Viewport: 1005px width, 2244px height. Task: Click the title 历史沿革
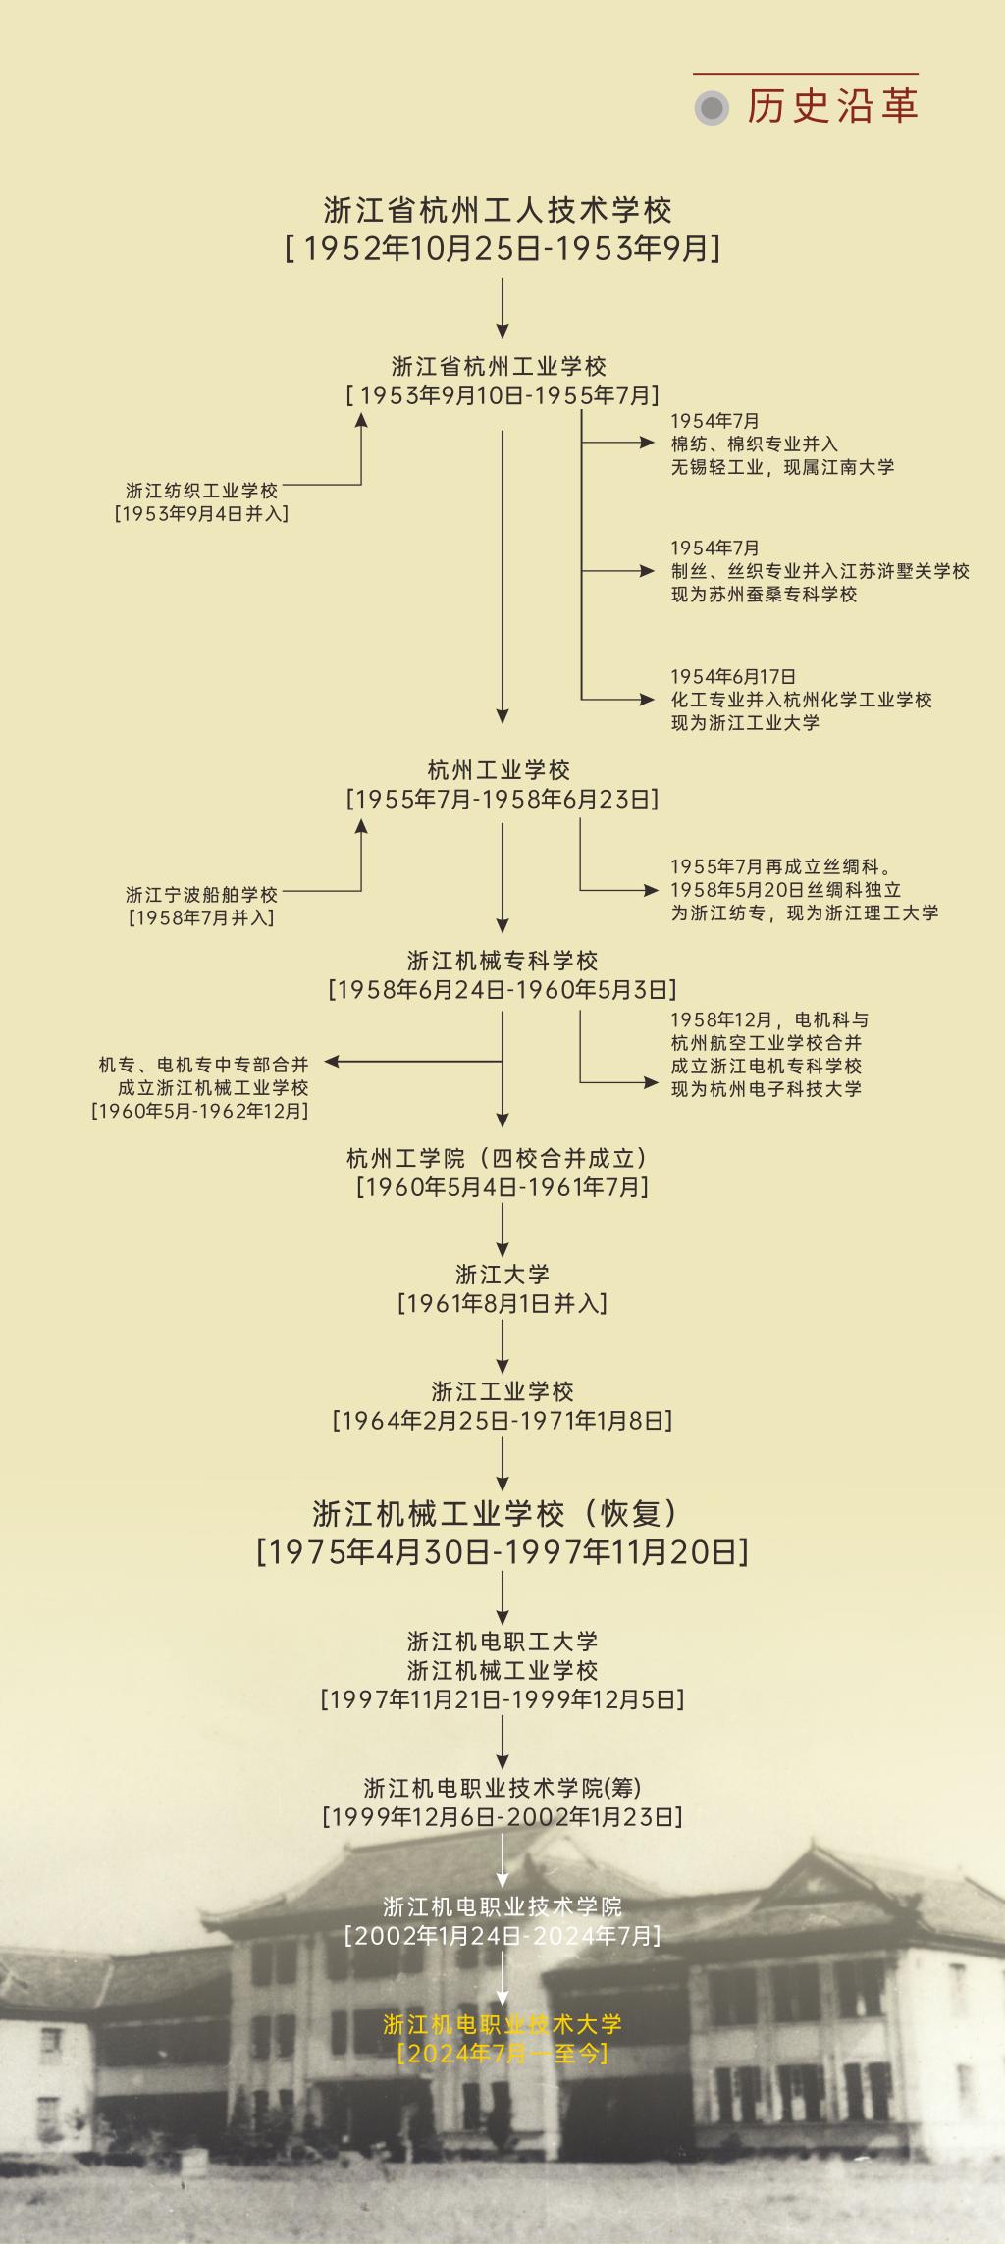tap(832, 106)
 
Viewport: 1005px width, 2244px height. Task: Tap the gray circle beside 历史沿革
tap(712, 107)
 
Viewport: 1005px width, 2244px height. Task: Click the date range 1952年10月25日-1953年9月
tap(502, 248)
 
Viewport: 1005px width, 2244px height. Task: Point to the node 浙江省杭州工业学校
tap(499, 367)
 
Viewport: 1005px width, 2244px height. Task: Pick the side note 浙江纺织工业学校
tap(201, 491)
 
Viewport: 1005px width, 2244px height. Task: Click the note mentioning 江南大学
tap(782, 467)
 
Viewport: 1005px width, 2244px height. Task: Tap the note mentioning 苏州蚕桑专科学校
tap(764, 595)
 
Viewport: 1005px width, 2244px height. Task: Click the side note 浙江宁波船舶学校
tap(201, 895)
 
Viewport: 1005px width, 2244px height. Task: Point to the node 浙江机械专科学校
tap(502, 961)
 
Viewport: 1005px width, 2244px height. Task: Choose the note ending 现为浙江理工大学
tap(805, 913)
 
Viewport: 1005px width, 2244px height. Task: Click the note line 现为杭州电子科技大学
tap(766, 1089)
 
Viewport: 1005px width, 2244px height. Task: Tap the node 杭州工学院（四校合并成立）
tap(498, 1158)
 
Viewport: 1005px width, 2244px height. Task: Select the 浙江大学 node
tap(502, 1275)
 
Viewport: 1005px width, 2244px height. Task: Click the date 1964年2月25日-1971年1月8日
tap(502, 1420)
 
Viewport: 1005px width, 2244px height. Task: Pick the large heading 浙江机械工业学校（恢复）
tap(498, 1514)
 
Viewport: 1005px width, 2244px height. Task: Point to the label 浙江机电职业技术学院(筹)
tap(502, 1788)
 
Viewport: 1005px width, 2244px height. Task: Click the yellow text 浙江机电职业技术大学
tap(502, 2023)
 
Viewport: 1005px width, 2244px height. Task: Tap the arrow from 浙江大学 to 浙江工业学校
tap(502, 1346)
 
